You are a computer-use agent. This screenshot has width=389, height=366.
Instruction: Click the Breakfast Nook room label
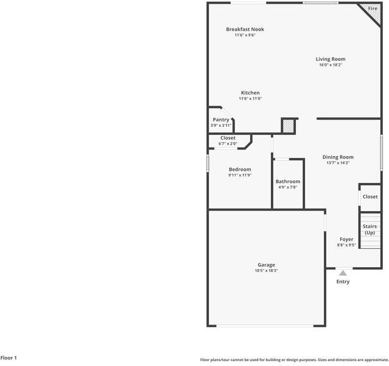tap(245, 29)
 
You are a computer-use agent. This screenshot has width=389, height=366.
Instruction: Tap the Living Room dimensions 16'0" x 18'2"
tap(331, 65)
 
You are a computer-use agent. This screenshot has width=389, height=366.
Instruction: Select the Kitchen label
tap(250, 93)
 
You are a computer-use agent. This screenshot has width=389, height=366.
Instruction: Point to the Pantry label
tap(221, 120)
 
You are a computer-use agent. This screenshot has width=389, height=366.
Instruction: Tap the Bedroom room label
tap(239, 169)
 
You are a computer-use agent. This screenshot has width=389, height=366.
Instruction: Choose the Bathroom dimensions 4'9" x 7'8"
tap(287, 187)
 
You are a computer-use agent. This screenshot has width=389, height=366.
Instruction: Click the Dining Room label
tap(338, 157)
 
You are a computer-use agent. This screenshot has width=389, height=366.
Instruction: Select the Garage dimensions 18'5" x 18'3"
tap(267, 270)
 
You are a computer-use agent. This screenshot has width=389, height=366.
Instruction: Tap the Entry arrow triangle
tap(343, 273)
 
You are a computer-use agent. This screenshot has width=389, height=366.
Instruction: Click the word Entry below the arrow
tap(343, 282)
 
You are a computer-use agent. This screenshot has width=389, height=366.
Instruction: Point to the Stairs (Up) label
tap(370, 229)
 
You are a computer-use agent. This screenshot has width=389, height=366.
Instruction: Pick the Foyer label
tap(346, 239)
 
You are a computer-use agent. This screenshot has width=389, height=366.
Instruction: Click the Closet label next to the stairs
tap(370, 196)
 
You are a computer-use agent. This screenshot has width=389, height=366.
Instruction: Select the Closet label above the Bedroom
tap(228, 138)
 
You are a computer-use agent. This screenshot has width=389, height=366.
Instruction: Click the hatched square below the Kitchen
tap(288, 126)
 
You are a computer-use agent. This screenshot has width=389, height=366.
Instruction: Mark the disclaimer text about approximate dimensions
tap(294, 360)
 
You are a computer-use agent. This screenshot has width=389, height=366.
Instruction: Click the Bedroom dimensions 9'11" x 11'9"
tap(239, 175)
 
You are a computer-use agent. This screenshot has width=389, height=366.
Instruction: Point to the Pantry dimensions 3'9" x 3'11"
tap(221, 126)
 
